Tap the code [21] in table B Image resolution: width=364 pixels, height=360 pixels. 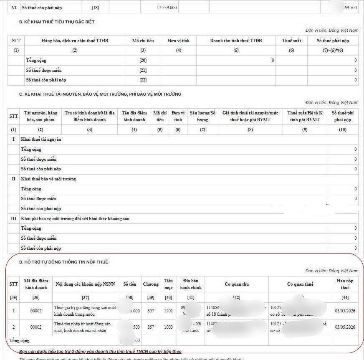pos(143,70)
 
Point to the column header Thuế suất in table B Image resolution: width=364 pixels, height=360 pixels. pos(291,41)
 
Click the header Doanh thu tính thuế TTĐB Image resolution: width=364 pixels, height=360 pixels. pos(236,41)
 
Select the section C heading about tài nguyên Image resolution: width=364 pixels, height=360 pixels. pos(100,94)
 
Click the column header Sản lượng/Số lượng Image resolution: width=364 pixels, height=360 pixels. pos(202,116)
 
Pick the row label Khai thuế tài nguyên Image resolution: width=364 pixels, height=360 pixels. pos(41,139)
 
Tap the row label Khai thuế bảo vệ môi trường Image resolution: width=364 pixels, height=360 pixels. pos(48,179)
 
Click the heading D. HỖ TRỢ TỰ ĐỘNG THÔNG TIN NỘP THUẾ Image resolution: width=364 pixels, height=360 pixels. pos(63,262)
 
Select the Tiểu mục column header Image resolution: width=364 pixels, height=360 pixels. pos(168,284)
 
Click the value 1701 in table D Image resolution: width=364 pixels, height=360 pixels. pos(168,311)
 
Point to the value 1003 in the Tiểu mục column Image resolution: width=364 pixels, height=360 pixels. pos(168,327)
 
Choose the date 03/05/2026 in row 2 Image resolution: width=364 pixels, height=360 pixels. pos(345,327)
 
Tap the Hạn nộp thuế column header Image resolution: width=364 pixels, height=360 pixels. pos(345,284)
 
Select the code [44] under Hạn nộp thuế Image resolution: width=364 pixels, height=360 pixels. pos(345,297)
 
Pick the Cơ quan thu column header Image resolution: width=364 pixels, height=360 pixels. pos(237,284)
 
